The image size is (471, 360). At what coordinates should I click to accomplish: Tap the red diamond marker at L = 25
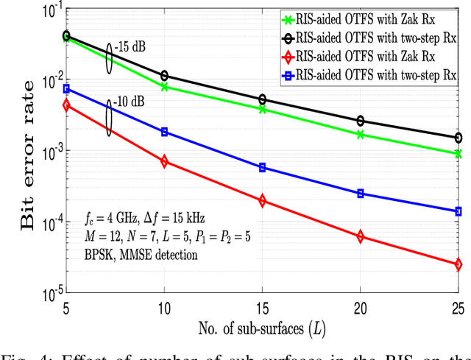(458, 264)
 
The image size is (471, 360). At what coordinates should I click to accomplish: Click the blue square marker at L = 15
(263, 168)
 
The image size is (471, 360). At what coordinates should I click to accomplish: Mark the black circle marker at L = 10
(165, 76)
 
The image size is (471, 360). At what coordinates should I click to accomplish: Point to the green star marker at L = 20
(361, 135)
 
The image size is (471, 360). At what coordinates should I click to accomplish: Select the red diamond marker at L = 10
(165, 161)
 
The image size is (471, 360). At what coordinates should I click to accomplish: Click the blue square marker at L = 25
(458, 211)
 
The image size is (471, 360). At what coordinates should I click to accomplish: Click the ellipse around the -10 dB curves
(110, 119)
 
